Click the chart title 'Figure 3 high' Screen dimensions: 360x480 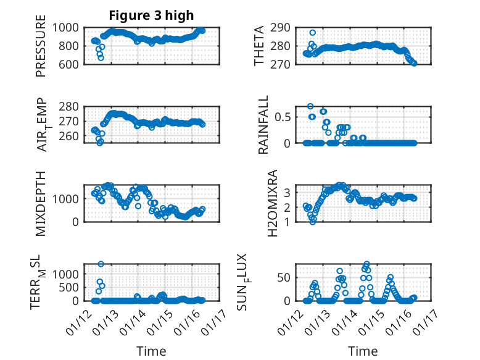152,15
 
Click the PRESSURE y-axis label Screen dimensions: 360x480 41,49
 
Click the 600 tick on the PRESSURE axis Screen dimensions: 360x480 69,64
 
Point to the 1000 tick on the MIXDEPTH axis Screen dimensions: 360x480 67,199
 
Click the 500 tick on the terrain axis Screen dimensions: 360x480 70,287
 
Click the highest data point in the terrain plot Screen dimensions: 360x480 101,264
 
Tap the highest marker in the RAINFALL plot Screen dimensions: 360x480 310,106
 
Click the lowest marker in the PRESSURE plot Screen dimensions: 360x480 101,58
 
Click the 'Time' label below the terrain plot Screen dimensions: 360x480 151,351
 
